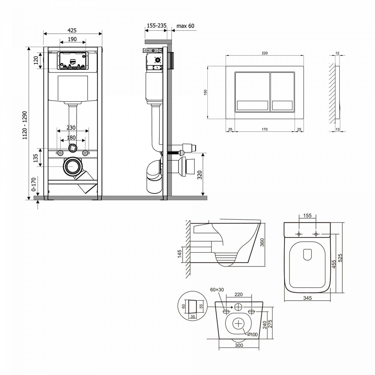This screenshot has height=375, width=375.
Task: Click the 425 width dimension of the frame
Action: [72, 30]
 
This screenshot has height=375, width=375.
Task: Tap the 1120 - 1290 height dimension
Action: [24, 125]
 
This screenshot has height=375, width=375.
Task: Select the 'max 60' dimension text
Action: [185, 26]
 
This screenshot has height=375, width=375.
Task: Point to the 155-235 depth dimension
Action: [156, 26]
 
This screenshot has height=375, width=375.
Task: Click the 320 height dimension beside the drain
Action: [199, 175]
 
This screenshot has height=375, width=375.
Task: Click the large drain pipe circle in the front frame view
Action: [72, 166]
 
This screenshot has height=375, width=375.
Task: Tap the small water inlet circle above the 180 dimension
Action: [72, 148]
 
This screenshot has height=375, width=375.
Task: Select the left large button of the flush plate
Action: [252, 91]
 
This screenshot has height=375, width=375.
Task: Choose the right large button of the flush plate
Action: [282, 91]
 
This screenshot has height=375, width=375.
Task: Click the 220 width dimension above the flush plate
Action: [264, 53]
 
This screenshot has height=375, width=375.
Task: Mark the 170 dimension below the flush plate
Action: [264, 129]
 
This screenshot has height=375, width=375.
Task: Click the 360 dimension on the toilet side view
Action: [262, 242]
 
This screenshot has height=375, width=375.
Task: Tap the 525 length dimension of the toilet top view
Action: [340, 257]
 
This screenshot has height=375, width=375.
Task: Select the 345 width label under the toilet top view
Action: [307, 298]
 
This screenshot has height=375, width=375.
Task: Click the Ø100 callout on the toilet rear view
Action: [252, 334]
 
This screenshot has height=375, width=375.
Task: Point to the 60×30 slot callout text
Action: [217, 290]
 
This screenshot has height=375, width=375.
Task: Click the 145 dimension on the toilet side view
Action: [179, 254]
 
